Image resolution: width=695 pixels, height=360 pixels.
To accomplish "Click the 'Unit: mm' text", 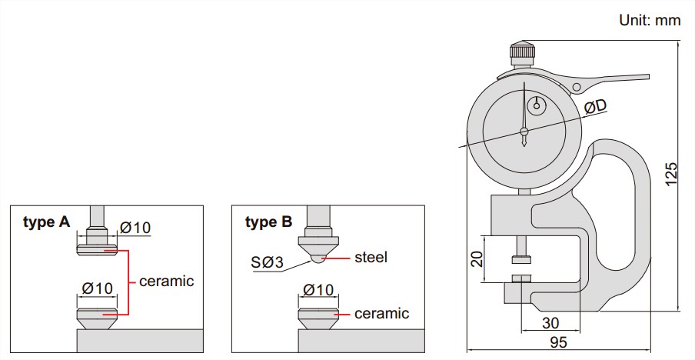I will point(650,21).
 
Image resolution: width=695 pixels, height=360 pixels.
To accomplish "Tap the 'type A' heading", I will point(46,222).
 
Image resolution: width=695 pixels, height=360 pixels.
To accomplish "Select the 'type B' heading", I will point(268,222).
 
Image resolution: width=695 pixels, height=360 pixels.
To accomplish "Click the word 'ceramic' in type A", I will point(167,281).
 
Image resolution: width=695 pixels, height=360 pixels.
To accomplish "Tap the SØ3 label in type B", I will point(267,263).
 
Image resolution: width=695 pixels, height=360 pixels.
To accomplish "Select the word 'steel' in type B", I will point(371,257).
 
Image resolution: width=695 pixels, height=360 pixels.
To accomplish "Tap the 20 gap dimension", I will point(476,258).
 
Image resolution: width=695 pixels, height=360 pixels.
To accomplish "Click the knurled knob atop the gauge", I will point(523,56).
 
